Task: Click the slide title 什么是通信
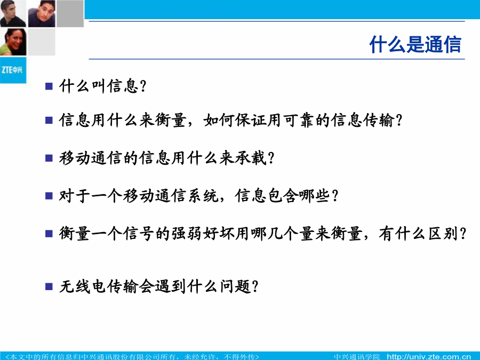pyautogui.click(x=415, y=44)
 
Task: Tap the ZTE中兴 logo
pyautogui.click(x=13, y=70)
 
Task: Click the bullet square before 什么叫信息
pyautogui.click(x=49, y=86)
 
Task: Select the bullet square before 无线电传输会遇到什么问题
pyautogui.click(x=49, y=286)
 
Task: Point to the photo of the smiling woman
pyautogui.click(x=13, y=42)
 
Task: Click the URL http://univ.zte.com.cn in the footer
pyautogui.click(x=429, y=357)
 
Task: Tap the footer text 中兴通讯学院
pyautogui.click(x=357, y=357)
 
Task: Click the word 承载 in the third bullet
pyautogui.click(x=251, y=158)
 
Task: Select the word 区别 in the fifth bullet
pyautogui.click(x=443, y=234)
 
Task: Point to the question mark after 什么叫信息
pyautogui.click(x=143, y=86)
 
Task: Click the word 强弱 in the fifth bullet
pyautogui.click(x=187, y=234)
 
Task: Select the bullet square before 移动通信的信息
pyautogui.click(x=49, y=158)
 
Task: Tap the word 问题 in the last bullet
pyautogui.click(x=235, y=286)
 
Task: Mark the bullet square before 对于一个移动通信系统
pyautogui.click(x=49, y=196)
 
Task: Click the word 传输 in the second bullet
pyautogui.click(x=378, y=120)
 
